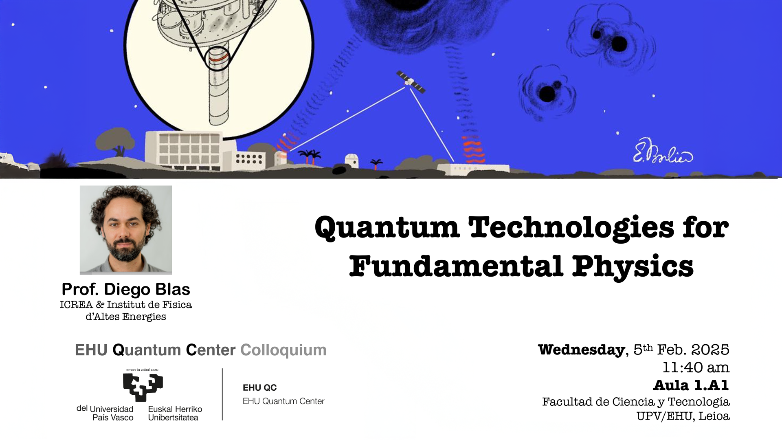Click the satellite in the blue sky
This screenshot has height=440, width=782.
click(411, 82)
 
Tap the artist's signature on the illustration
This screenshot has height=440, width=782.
click(663, 152)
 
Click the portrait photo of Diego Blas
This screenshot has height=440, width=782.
click(126, 230)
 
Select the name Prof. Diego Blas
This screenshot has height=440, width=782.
click(126, 289)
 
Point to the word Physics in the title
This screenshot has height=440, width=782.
click(633, 266)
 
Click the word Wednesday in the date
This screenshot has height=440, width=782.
click(581, 350)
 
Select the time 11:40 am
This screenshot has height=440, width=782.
click(696, 367)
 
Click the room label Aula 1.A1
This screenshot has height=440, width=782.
click(691, 385)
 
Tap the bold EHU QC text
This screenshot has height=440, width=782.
click(259, 387)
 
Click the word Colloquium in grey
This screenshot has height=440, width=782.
click(283, 350)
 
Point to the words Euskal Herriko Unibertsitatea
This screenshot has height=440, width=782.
click(175, 413)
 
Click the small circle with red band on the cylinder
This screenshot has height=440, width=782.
click(217, 59)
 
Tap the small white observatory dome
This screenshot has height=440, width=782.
click(351, 160)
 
